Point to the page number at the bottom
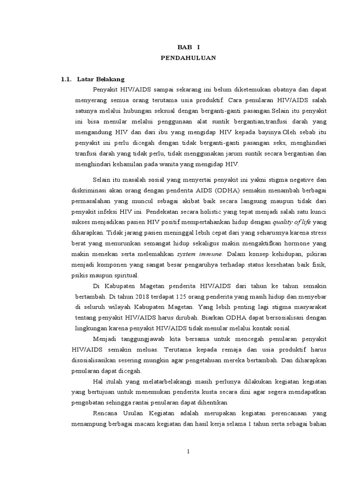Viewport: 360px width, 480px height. click(187, 451)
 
